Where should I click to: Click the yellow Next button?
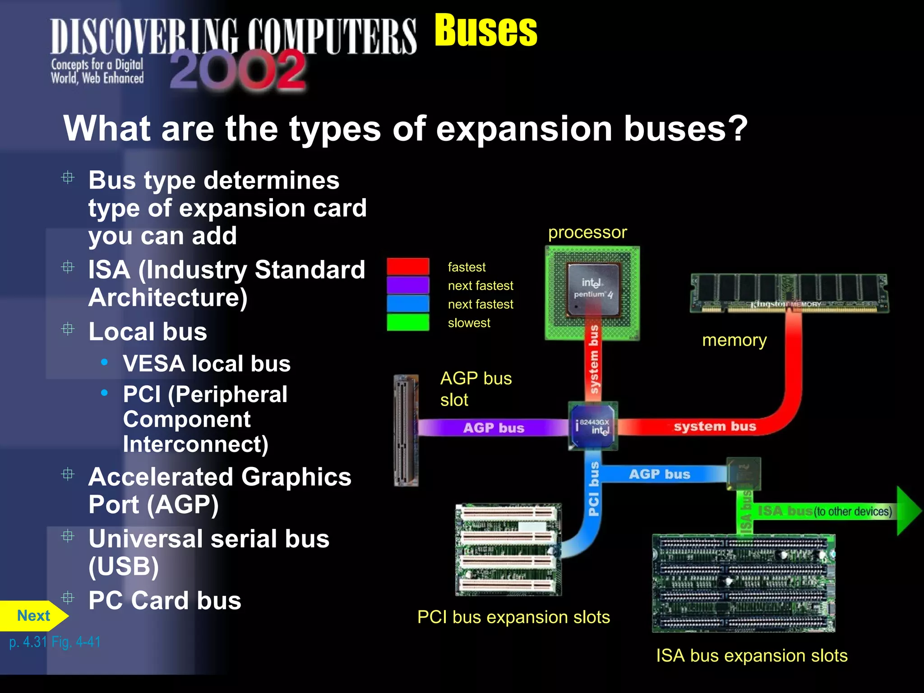pyautogui.click(x=32, y=616)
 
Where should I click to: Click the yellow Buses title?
pyautogui.click(x=485, y=31)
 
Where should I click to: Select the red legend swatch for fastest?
pyautogui.click(x=408, y=267)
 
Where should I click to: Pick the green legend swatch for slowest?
pyautogui.click(x=408, y=323)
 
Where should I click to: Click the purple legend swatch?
pyautogui.click(x=408, y=285)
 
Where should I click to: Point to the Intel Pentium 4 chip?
pyautogui.click(x=592, y=292)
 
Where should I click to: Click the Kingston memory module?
pyautogui.click(x=789, y=293)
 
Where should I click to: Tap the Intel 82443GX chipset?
pyautogui.click(x=593, y=426)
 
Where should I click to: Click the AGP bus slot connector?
pyautogui.click(x=406, y=430)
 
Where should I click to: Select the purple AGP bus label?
pyautogui.click(x=494, y=428)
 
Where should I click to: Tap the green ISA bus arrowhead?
pyautogui.click(x=908, y=511)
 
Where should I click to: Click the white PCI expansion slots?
pyautogui.click(x=508, y=550)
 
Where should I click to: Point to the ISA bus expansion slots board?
pyautogui.click(x=743, y=583)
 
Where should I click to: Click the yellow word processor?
pyautogui.click(x=587, y=232)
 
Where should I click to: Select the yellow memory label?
pyautogui.click(x=734, y=340)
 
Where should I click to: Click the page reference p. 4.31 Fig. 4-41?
pyautogui.click(x=55, y=642)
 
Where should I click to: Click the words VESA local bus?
pyautogui.click(x=207, y=364)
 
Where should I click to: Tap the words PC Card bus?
pyautogui.click(x=165, y=601)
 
